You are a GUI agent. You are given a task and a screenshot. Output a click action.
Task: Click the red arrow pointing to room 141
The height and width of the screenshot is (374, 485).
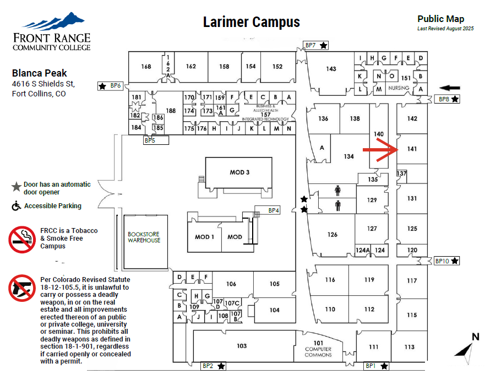coord(380,149)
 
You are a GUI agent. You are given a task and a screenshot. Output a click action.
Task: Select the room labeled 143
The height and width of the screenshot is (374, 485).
coord(331,69)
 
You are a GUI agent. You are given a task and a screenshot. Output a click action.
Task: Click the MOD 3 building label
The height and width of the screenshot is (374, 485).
coord(240,172)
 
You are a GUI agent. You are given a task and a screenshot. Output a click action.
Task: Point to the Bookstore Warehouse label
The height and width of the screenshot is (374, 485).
coord(144,237)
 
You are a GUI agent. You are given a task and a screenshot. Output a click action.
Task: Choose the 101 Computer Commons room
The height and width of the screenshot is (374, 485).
coord(319,349)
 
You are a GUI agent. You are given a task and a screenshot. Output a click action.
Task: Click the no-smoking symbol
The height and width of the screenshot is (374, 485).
coord(23,238)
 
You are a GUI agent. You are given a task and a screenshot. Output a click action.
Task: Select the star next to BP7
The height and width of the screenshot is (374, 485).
coord(324,45)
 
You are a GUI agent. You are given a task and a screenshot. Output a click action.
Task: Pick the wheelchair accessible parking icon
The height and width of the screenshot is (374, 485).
coord(17,206)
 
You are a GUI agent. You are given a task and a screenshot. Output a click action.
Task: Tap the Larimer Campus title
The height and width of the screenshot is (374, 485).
coord(252,22)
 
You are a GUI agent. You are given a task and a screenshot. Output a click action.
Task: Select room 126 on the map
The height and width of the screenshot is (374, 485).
coord(332,235)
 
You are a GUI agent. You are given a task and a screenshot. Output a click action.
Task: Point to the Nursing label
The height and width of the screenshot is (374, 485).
coord(399,88)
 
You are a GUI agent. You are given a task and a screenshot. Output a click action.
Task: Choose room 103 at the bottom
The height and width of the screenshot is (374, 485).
coord(241,346)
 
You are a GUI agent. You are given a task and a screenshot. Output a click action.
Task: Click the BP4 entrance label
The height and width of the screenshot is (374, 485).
coord(274,210)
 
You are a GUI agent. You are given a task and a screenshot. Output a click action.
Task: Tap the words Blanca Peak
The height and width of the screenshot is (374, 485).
coord(40,73)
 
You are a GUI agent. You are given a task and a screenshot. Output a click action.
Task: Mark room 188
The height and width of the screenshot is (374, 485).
coord(171,111)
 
